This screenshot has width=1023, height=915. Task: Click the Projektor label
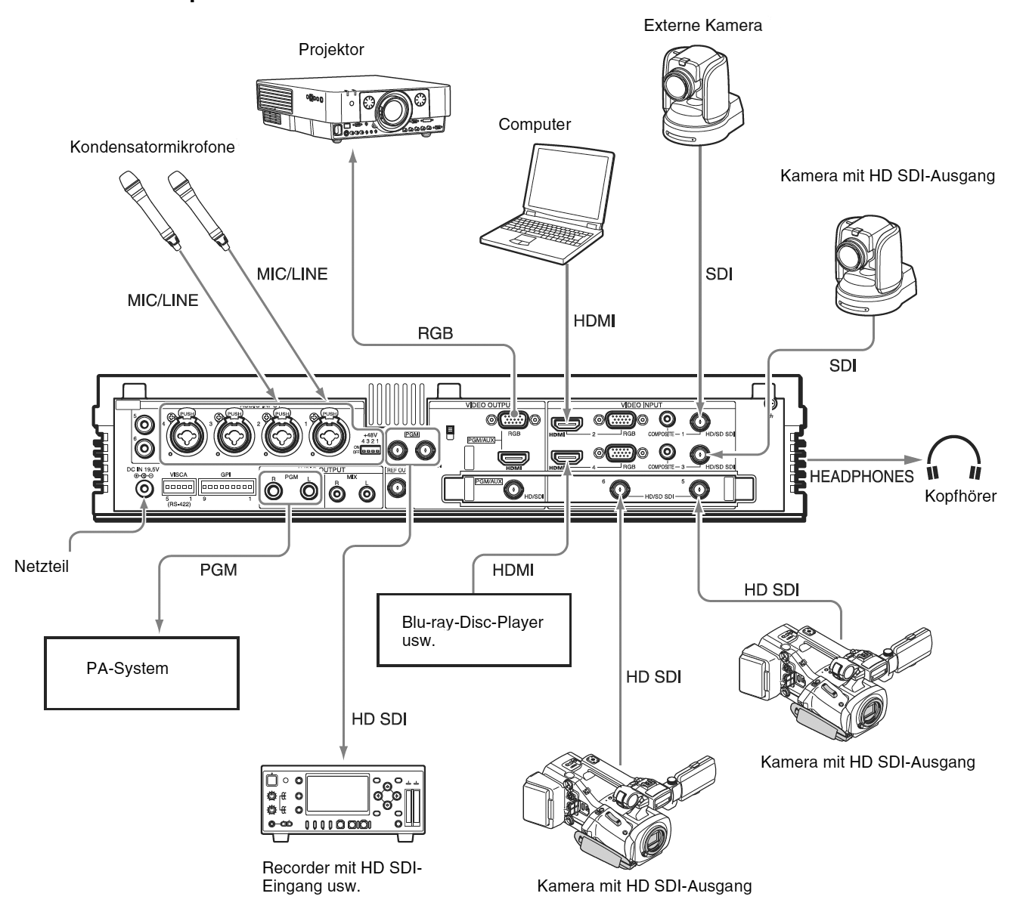click(x=331, y=50)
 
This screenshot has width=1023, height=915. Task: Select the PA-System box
click(x=141, y=672)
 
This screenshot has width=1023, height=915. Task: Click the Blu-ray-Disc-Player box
click(x=472, y=629)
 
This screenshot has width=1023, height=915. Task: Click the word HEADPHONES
click(x=861, y=477)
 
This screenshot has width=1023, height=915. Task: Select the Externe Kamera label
click(x=702, y=26)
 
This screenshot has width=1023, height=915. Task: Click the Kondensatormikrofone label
click(x=152, y=148)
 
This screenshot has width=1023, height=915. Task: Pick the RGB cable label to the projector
click(x=435, y=333)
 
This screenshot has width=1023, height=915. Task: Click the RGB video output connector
click(x=513, y=419)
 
